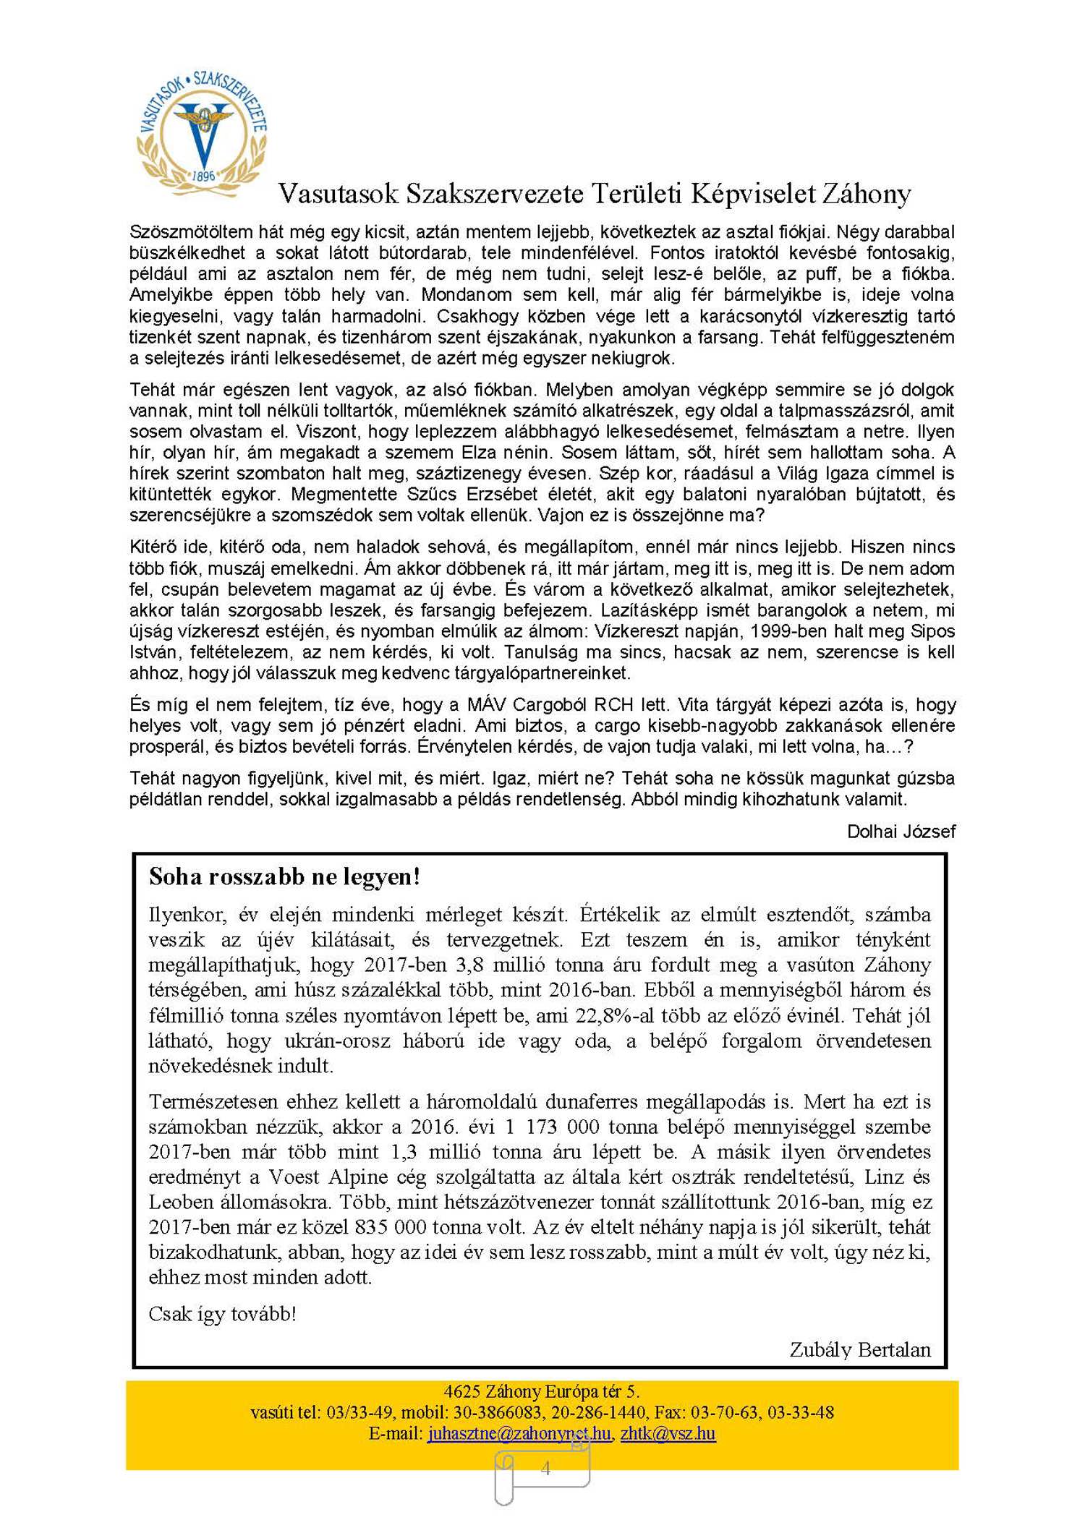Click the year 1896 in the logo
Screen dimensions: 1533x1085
click(203, 176)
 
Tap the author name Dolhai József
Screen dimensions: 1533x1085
click(901, 832)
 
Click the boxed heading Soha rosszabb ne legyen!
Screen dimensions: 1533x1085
click(284, 877)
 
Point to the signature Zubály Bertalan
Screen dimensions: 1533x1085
click(859, 1349)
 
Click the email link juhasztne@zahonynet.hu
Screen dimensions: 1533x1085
click(519, 1433)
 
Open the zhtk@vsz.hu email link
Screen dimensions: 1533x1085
click(668, 1433)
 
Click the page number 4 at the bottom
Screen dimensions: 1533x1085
click(545, 1468)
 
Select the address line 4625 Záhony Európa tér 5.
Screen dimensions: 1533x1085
click(542, 1391)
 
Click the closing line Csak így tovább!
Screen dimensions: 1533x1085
click(222, 1313)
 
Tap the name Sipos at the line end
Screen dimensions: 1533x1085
click(932, 631)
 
